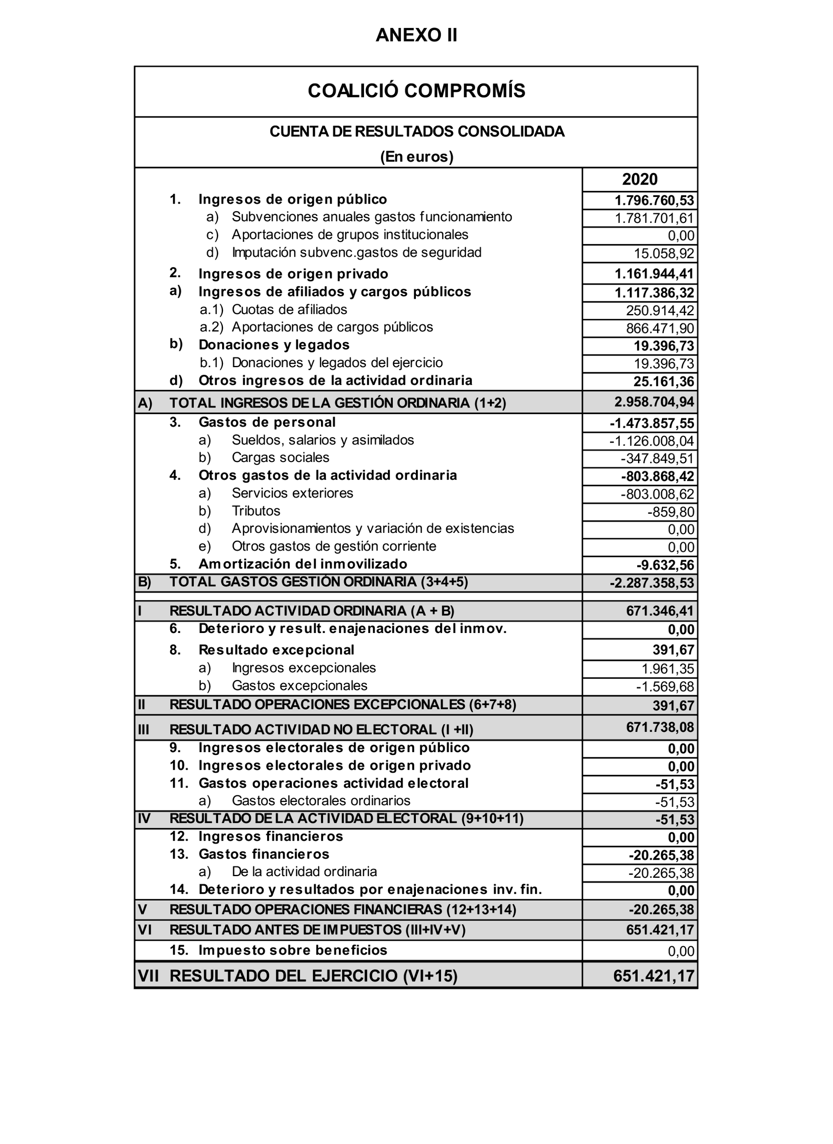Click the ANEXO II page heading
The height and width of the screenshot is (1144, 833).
[x=416, y=35]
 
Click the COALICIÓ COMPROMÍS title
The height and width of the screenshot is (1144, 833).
[x=416, y=91]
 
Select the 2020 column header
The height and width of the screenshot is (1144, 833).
[x=639, y=180]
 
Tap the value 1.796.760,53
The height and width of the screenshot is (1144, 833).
[x=654, y=201]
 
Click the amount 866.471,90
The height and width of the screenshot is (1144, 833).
[x=660, y=328]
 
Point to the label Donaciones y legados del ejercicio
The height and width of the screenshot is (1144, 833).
[x=337, y=363]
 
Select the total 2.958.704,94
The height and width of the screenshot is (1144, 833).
[x=654, y=402]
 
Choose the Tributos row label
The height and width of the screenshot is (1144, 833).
[x=256, y=511]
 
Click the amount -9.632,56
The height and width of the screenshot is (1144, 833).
[x=665, y=565]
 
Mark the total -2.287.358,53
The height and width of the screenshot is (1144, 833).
[x=652, y=583]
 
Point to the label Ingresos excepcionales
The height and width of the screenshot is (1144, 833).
[x=304, y=668]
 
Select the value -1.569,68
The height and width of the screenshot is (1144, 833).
[x=665, y=687]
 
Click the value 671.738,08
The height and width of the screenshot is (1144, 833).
[x=660, y=727]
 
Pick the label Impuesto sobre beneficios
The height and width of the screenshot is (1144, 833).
[x=293, y=950]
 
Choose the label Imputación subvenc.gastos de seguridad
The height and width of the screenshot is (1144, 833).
[x=356, y=253]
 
